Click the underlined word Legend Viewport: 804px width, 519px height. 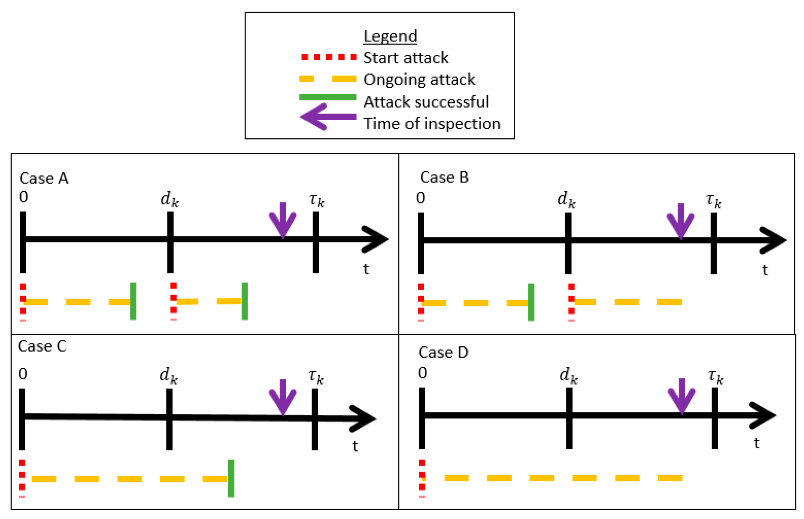390,36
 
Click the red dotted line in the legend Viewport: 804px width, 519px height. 329,57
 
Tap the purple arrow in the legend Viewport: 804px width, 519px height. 328,117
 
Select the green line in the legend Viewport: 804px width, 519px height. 328,97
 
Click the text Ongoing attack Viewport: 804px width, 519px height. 419,79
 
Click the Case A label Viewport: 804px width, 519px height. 44,178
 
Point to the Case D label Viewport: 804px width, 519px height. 443,353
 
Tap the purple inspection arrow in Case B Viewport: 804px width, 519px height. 680,221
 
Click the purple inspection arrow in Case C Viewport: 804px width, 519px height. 283,397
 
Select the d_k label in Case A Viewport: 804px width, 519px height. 169,199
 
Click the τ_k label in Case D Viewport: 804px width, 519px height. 715,376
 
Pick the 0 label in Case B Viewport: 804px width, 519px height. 420,198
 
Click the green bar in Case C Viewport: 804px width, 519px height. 231,478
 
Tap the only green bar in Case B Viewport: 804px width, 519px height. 531,302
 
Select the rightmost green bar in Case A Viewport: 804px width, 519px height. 245,301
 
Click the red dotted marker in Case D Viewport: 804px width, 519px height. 421,478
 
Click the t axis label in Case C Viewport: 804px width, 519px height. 355,446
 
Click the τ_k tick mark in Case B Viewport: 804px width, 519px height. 713,243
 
